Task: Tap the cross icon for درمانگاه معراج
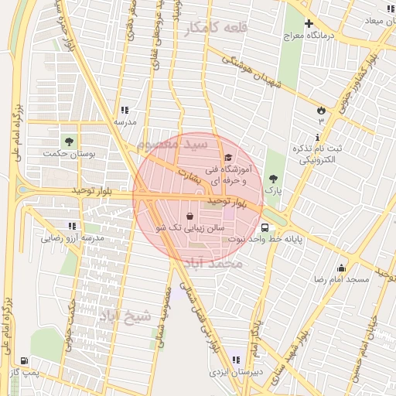pos(309,24)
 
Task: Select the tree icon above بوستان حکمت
pos(70,142)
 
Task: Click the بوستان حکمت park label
pos(91,155)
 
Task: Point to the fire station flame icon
pos(320,111)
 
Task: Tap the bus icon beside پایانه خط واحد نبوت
pos(265,228)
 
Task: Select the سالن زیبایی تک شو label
pos(189,228)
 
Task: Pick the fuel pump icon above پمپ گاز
pos(25,360)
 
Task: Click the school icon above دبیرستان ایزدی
pos(235,360)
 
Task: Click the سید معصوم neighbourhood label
pos(172,145)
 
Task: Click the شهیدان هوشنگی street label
pos(248,73)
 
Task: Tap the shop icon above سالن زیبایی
pos(190,216)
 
